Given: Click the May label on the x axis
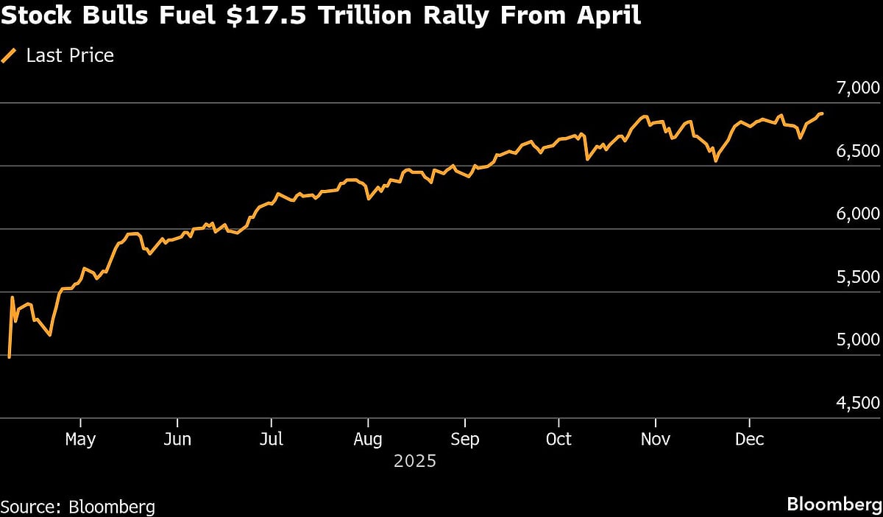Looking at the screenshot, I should pos(80,440).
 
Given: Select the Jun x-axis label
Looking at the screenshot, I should pos(177,440).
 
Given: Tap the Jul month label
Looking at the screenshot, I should pos(272,440).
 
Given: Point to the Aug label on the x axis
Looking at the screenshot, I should pos(367,440).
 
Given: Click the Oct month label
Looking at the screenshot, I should pos(558,440).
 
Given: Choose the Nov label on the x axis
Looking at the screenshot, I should pos(655,440).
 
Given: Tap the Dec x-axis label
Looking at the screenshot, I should pos(750,440).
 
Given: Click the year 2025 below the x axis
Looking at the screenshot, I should pos(415,462).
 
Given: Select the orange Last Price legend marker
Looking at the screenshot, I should pos(10,56).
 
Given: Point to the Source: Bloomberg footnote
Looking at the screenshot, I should pos(78,507).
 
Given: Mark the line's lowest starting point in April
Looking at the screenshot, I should pos(9,357).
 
